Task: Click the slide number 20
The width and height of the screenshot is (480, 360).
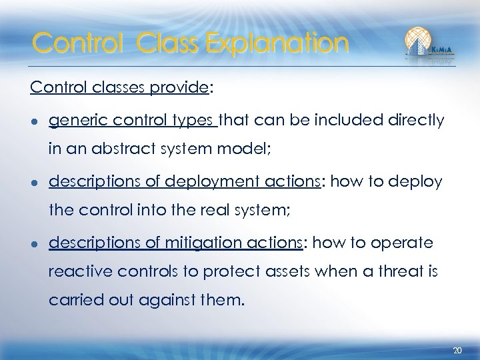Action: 457,349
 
